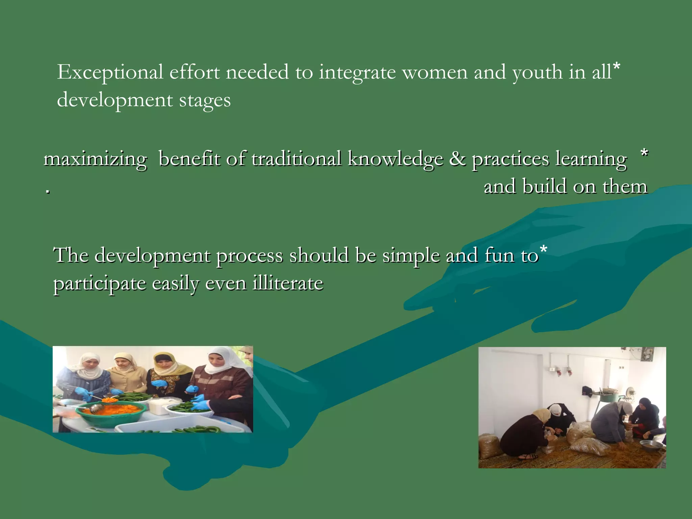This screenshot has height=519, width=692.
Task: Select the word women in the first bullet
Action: coord(435,73)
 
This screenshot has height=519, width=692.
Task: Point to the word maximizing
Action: coord(96,159)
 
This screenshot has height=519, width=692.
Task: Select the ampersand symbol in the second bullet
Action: coord(457,159)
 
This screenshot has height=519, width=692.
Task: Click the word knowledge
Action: coord(395,159)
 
